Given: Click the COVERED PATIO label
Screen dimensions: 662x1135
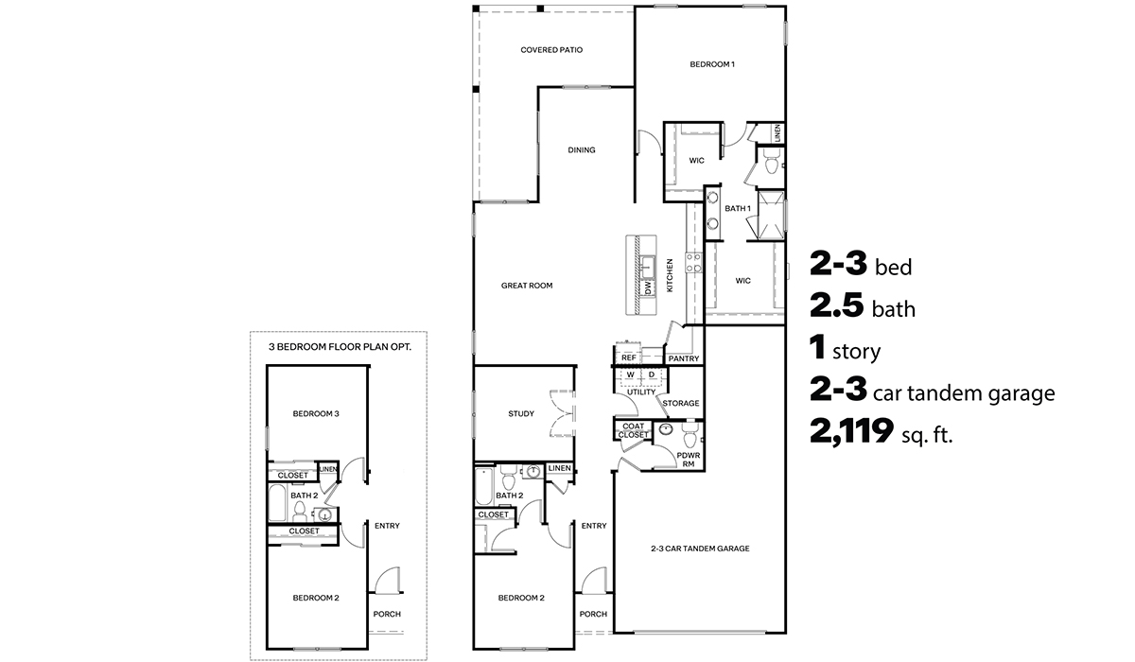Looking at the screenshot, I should point(550,50).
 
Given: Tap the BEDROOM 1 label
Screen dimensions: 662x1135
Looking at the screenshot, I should point(711,64).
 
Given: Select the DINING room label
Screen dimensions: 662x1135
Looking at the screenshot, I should point(581,150).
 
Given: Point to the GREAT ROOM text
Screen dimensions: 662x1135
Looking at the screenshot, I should point(527,286).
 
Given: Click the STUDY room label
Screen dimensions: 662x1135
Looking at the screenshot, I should point(520,413).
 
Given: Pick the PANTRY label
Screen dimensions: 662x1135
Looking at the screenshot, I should point(683,358).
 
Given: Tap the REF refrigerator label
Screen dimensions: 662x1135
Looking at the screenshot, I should point(629,358).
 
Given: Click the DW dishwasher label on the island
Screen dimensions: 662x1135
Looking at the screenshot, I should point(649,287).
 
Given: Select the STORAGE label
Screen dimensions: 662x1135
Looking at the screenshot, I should point(681,403).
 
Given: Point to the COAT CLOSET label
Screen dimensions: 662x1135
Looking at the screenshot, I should point(634,430).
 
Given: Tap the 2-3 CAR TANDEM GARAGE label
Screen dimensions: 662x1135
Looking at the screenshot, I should point(700,548).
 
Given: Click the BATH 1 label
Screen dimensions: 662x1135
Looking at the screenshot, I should point(737,208).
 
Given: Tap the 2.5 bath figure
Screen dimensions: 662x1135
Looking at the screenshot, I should point(841,307).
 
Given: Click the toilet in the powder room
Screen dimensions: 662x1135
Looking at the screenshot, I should point(690,438).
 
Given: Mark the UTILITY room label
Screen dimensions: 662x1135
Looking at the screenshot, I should point(640,392).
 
